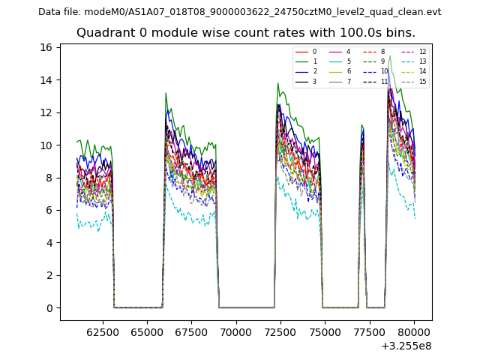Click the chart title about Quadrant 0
click(x=246, y=33)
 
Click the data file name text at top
click(x=239, y=11)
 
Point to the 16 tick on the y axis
click(x=46, y=47)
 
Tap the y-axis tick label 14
click(x=46, y=80)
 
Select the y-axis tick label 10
click(x=46, y=145)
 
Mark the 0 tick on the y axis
click(x=49, y=308)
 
